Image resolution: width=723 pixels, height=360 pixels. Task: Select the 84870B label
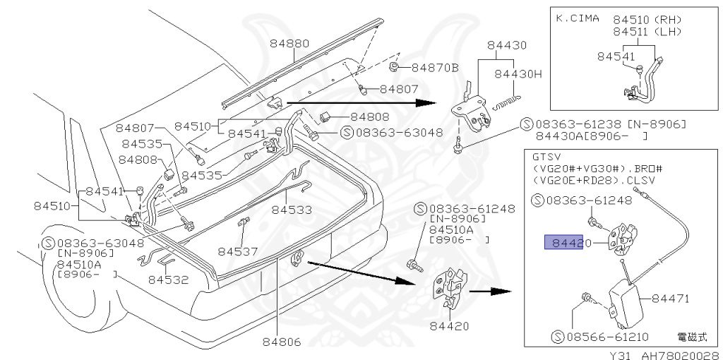[435, 68]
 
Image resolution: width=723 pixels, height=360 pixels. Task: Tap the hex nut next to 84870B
[396, 68]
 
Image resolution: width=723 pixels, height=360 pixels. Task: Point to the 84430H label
[517, 73]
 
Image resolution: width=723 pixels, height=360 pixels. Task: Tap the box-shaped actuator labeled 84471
[623, 301]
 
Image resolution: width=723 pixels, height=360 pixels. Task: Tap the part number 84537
[238, 251]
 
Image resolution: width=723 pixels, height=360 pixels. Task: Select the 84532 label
[168, 279]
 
